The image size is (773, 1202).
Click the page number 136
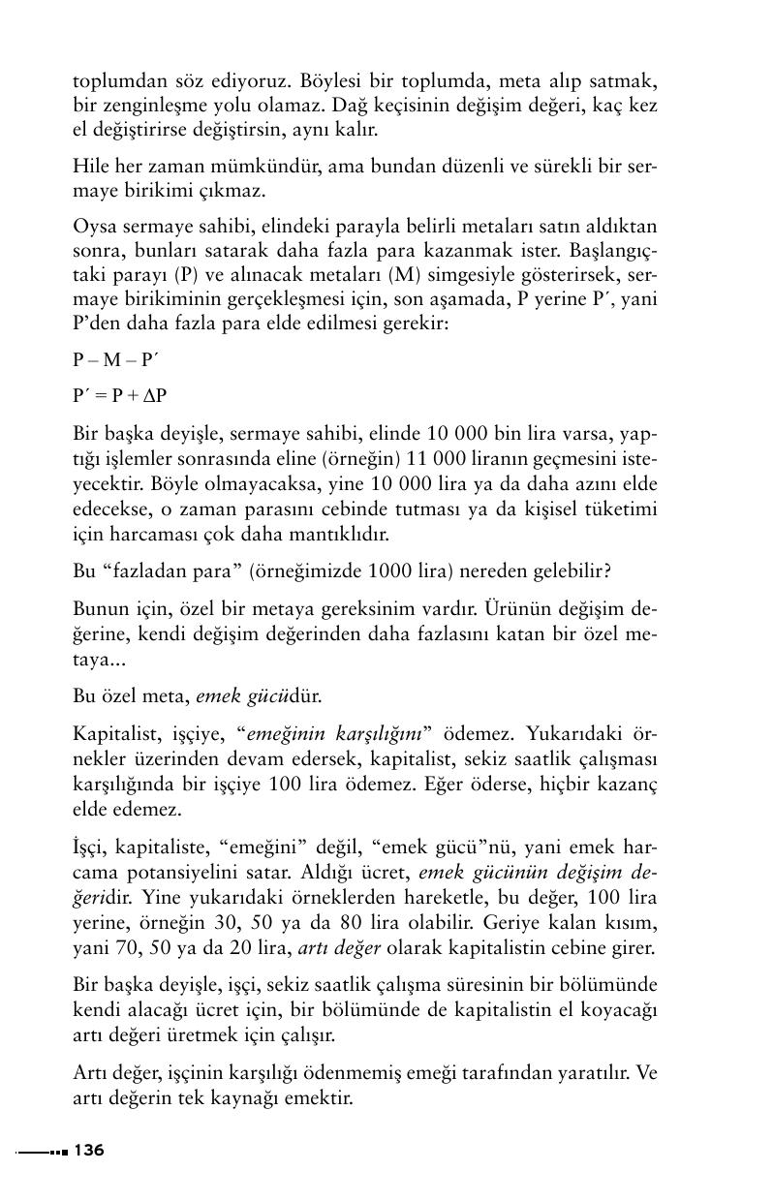[88, 1151]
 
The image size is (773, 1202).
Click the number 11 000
[471, 457]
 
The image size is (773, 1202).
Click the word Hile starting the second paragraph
[91, 166]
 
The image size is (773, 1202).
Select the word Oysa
[93, 227]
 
